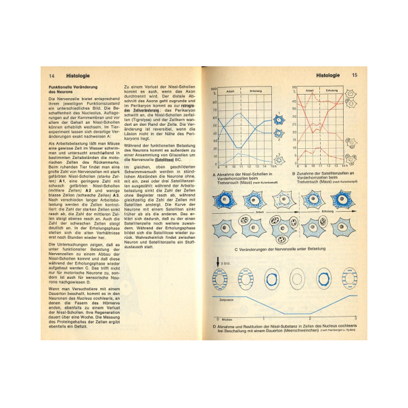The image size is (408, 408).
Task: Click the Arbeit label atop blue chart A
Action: pyautogui.click(x=229, y=90)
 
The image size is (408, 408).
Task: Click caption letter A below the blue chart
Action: pyautogui.click(x=214, y=175)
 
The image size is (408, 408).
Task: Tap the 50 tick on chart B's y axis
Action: pyautogui.click(x=293, y=89)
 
